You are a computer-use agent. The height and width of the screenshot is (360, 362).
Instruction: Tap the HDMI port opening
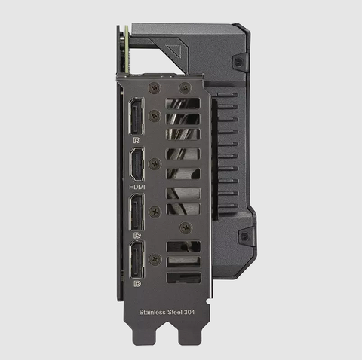[137, 162]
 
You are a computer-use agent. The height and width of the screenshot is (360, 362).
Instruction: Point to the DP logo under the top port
[137, 139]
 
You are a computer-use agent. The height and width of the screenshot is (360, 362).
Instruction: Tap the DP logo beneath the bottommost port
[137, 284]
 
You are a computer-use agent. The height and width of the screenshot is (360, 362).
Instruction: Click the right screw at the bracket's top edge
[183, 87]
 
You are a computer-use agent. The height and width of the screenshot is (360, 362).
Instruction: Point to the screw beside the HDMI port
[155, 163]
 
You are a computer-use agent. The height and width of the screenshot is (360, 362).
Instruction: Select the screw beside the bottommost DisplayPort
[155, 259]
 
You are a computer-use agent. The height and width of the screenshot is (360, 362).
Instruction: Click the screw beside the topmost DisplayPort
[155, 115]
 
